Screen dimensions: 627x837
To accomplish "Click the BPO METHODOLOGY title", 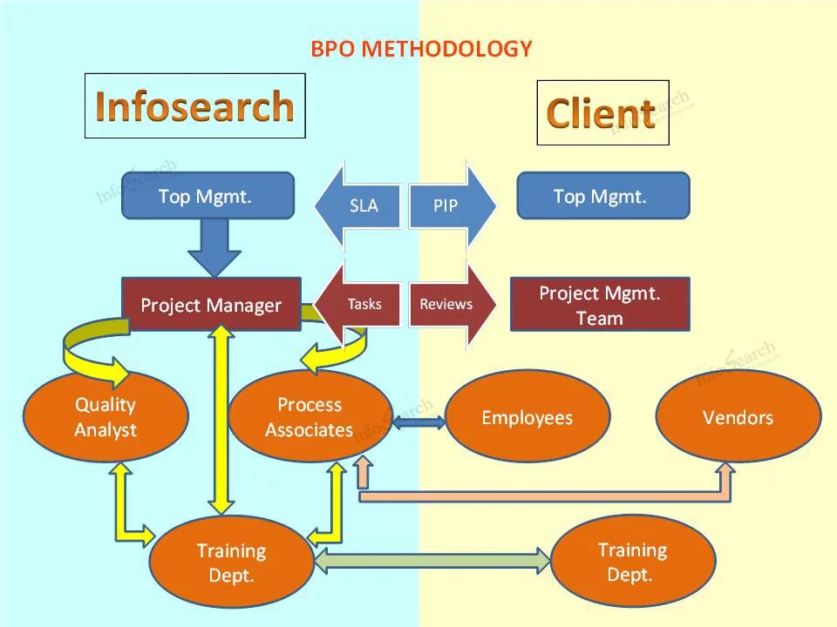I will pyautogui.click(x=421, y=49).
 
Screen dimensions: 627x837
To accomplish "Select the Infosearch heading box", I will pyautogui.click(x=194, y=105).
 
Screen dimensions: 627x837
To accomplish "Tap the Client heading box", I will pyautogui.click(x=602, y=113).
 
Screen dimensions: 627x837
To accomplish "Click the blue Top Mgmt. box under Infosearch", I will pyautogui.click(x=207, y=196).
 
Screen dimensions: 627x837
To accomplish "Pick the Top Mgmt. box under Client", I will pyautogui.click(x=602, y=196).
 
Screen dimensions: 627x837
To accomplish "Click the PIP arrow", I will pyautogui.click(x=451, y=206).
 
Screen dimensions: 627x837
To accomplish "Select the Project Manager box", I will pyautogui.click(x=211, y=305).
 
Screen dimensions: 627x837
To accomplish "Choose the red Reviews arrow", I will pyautogui.click(x=451, y=304).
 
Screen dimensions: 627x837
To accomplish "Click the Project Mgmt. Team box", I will pyautogui.click(x=599, y=305).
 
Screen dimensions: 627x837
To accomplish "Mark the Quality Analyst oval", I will pyautogui.click(x=105, y=416).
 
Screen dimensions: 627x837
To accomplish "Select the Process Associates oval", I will pyautogui.click(x=310, y=416).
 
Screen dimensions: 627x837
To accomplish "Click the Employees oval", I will pyautogui.click(x=527, y=417).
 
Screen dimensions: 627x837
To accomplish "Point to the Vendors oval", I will pyautogui.click(x=738, y=417).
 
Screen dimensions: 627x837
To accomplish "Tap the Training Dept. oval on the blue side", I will pyautogui.click(x=231, y=562).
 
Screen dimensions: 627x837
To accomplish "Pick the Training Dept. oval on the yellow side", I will pyautogui.click(x=632, y=561).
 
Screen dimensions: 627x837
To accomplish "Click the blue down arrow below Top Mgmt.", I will pyautogui.click(x=214, y=246).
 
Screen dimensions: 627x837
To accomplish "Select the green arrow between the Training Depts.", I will pyautogui.click(x=432, y=561).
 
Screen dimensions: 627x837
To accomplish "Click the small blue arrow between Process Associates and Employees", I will pyautogui.click(x=418, y=423).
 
